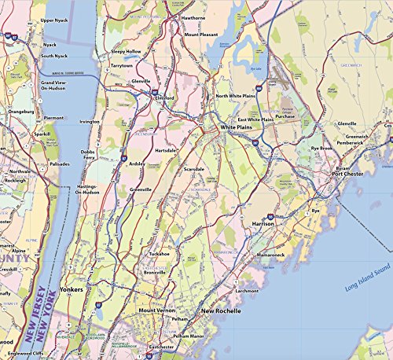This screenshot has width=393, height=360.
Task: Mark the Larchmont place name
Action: click(x=246, y=291)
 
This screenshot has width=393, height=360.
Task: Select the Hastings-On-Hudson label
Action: click(x=93, y=189)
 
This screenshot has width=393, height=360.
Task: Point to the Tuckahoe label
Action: click(x=160, y=254)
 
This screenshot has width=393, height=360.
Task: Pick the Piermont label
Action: click(x=53, y=117)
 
